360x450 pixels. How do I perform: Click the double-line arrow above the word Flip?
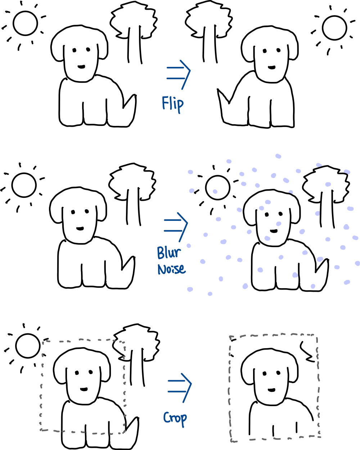[178, 73]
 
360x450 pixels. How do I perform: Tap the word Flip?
[173, 104]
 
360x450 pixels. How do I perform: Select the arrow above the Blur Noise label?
[176, 226]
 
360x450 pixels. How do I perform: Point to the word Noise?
[172, 269]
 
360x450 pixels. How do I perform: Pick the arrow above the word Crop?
[179, 387]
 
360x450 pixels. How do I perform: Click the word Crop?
[175, 418]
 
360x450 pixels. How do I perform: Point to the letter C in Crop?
[167, 418]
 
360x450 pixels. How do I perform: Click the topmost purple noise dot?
[278, 156]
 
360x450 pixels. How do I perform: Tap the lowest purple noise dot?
[210, 294]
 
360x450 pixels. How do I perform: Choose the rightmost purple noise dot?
[357, 263]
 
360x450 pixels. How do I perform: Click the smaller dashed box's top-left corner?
[43, 342]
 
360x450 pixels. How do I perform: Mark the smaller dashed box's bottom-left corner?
[41, 429]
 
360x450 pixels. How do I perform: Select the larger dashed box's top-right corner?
[316, 336]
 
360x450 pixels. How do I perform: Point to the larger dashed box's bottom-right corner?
[320, 436]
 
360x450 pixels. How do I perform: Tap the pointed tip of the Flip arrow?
[190, 71]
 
